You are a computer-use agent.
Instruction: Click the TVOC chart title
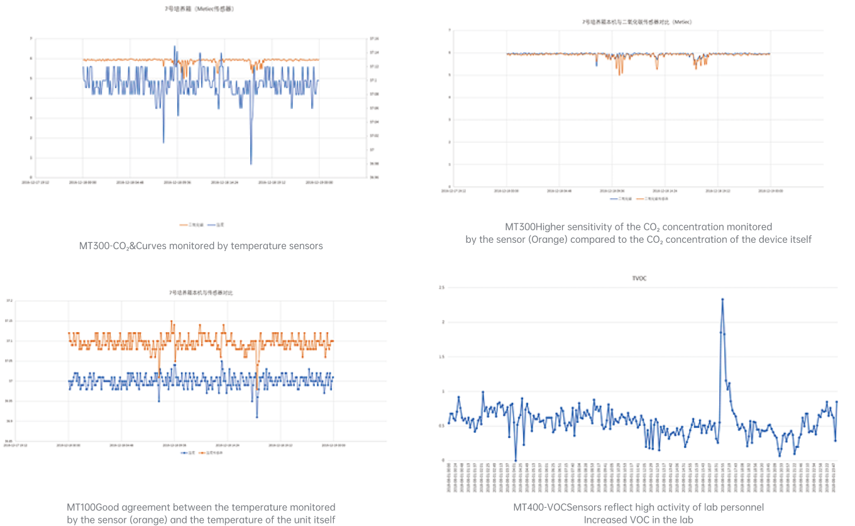point(638,278)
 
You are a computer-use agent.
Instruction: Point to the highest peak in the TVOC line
point(722,299)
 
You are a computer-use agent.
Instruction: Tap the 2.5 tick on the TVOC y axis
point(442,288)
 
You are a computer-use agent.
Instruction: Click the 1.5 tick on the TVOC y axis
point(442,357)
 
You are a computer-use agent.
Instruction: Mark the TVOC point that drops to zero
point(516,461)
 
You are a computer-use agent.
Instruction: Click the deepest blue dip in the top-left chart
point(251,164)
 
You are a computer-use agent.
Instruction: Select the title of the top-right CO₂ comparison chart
point(637,22)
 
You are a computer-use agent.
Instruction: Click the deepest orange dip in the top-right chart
point(619,75)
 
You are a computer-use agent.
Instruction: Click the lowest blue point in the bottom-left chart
point(256,417)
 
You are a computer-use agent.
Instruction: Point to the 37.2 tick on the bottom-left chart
point(9,301)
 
